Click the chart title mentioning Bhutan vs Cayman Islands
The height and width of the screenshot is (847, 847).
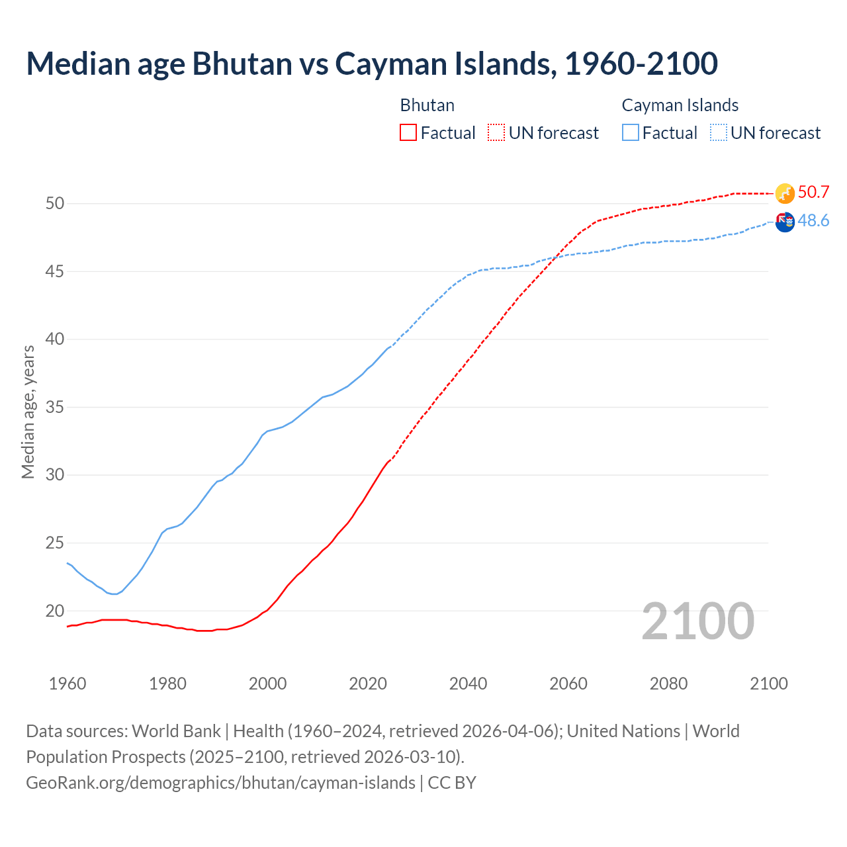pyautogui.click(x=372, y=64)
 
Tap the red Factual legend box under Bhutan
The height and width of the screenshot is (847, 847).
pyautogui.click(x=408, y=132)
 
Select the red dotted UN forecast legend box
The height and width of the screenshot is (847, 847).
pyautogui.click(x=496, y=132)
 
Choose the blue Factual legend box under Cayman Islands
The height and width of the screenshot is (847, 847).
pyautogui.click(x=631, y=132)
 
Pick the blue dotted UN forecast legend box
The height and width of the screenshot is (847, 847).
pyautogui.click(x=718, y=132)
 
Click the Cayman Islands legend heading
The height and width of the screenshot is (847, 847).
pyautogui.click(x=680, y=105)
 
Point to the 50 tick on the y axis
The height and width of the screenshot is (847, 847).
pyautogui.click(x=55, y=203)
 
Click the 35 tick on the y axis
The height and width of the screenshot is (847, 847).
pyautogui.click(x=55, y=407)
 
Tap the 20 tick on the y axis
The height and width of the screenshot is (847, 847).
pyautogui.click(x=55, y=611)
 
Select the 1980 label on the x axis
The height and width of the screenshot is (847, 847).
pyautogui.click(x=167, y=684)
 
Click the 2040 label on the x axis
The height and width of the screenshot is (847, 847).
pyautogui.click(x=468, y=684)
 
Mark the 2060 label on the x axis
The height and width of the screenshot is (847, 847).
pyautogui.click(x=568, y=684)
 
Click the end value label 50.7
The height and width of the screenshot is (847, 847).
pyautogui.click(x=813, y=193)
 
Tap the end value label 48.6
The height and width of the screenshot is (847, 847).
pyautogui.click(x=813, y=221)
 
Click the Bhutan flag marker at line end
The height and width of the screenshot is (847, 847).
pyautogui.click(x=785, y=193)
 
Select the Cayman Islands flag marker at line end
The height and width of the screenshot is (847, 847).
pyautogui.click(x=785, y=222)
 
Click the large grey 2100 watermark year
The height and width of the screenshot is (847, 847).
pyautogui.click(x=697, y=621)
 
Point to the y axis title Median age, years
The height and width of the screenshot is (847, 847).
pyautogui.click(x=28, y=412)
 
